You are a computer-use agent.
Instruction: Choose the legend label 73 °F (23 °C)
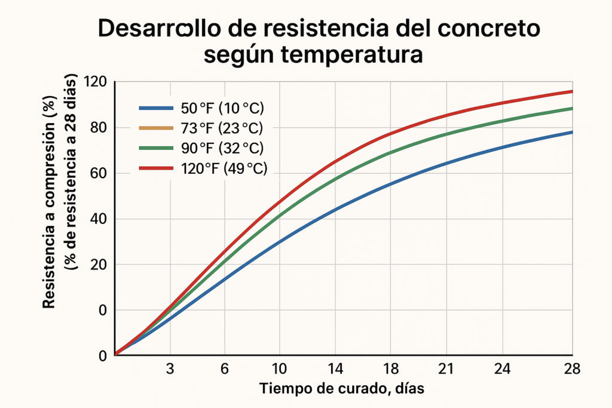[221, 128]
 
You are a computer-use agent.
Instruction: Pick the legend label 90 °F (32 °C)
[222, 148]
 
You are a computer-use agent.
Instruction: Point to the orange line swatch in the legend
[156, 128]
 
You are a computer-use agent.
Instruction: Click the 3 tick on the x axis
[170, 369]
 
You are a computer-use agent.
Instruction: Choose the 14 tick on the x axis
[335, 369]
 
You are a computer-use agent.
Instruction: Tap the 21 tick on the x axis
[445, 369]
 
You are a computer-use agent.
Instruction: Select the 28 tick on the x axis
[572, 369]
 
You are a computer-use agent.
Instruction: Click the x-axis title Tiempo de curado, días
[342, 389]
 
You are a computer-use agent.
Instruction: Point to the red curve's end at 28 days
[571, 91]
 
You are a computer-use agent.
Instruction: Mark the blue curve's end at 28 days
[571, 132]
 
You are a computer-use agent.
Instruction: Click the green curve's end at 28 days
[571, 109]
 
